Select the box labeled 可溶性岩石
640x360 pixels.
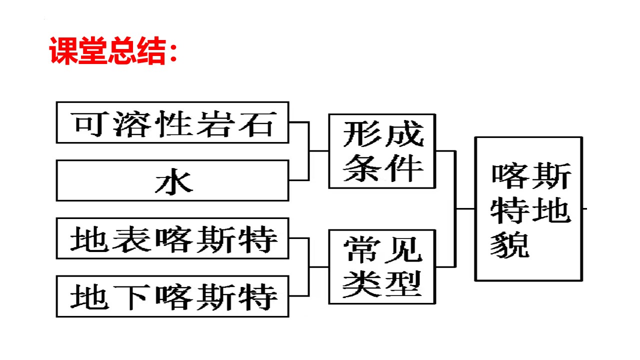click(172, 122)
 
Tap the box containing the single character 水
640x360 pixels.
click(172, 180)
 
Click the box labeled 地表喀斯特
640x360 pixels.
click(172, 238)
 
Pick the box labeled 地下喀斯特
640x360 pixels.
click(172, 296)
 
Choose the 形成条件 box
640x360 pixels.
click(381, 151)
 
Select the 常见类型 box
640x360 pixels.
click(381, 266)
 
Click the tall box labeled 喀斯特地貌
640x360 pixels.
click(528, 208)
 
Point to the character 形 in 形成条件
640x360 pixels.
click(361, 134)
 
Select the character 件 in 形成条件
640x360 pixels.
click(403, 168)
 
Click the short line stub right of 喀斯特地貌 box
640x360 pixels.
click(584, 208)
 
